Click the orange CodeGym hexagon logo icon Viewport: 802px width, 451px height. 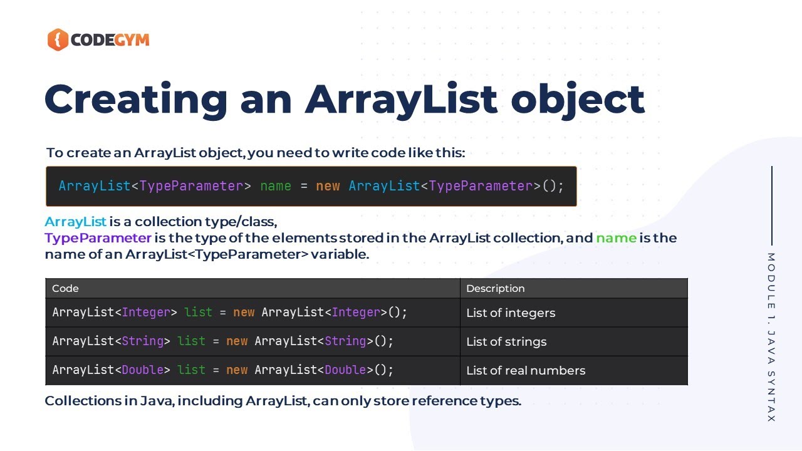tap(58, 40)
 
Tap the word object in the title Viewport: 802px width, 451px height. tap(578, 99)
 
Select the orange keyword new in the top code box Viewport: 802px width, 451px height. tap(328, 186)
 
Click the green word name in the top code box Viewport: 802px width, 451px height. tap(276, 186)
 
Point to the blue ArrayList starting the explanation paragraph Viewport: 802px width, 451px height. tap(75, 222)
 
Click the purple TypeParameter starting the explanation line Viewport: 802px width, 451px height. tap(98, 238)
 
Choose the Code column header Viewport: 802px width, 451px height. tap(65, 289)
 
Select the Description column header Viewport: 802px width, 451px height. tap(495, 289)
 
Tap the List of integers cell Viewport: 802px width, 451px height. tap(511, 313)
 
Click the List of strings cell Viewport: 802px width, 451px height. tap(506, 341)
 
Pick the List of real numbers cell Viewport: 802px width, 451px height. tap(526, 370)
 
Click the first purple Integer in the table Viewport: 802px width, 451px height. tap(146, 312)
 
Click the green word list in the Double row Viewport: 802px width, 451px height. tap(191, 370)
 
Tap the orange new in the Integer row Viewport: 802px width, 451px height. tap(244, 312)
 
